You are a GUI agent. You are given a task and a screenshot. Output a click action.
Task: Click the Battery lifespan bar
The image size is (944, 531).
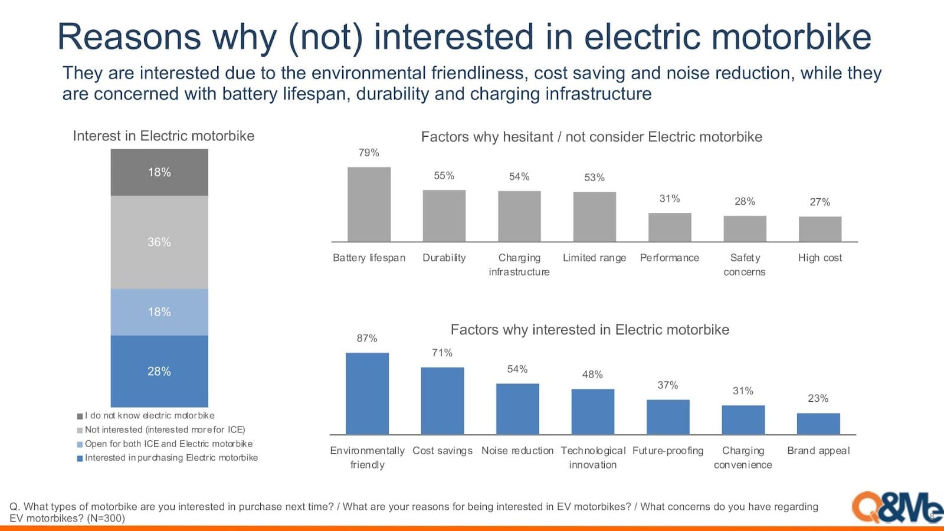tap(369, 204)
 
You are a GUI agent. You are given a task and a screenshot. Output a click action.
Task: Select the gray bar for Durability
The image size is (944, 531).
tap(444, 216)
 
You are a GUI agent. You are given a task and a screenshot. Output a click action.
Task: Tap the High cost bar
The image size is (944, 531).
tap(820, 230)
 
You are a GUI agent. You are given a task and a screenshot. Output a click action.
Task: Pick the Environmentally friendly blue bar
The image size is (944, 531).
tap(367, 394)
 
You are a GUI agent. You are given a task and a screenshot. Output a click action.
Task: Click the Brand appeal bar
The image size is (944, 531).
tap(818, 424)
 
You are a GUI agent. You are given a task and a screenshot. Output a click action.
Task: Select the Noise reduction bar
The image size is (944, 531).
tap(517, 409)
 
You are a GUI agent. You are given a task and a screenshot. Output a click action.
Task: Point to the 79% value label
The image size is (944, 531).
tap(369, 153)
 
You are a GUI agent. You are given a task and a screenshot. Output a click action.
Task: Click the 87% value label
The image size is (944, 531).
tap(367, 338)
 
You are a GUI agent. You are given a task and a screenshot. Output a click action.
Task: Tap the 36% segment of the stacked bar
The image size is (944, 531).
tap(159, 242)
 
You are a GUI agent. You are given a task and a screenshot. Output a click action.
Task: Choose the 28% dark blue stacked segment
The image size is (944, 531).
tap(159, 371)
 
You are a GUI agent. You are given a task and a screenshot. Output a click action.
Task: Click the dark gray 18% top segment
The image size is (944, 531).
tap(159, 172)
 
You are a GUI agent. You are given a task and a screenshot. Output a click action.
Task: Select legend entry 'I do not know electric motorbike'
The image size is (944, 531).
tap(146, 415)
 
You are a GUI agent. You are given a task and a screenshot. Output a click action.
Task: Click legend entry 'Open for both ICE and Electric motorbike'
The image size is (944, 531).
tap(165, 444)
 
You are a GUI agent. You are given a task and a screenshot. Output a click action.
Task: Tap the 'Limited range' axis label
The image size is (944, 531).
tap(594, 257)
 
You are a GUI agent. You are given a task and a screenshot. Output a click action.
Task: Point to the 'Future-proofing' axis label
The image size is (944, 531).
tap(668, 451)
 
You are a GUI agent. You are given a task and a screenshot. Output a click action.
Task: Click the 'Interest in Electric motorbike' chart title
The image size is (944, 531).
tap(163, 136)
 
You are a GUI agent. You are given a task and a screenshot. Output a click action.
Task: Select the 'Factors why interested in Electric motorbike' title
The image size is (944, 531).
tap(589, 329)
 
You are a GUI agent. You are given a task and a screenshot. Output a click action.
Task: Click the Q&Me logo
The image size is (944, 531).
tap(897, 508)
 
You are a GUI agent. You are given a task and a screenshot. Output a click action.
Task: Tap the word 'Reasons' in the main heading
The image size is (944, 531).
tap(129, 37)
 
